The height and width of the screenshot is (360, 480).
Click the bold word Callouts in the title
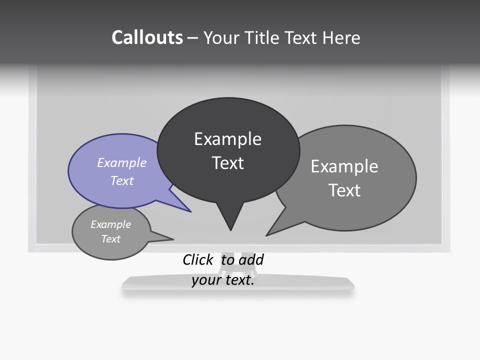147,37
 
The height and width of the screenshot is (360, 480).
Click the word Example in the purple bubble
122,162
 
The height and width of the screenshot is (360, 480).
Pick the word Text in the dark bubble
228,163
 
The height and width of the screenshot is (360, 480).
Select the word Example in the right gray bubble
344,166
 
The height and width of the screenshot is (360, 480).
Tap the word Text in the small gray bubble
111,239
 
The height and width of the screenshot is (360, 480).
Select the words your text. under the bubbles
223,280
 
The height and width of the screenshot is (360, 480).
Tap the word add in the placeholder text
251,259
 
